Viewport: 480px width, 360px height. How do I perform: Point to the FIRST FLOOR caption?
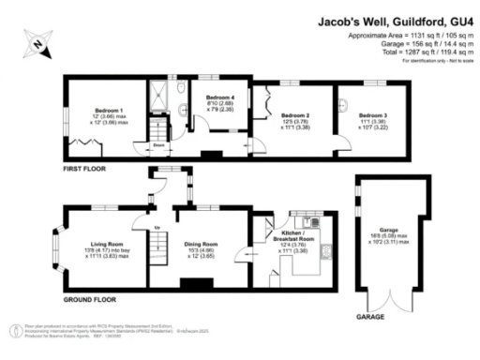pos(84,169)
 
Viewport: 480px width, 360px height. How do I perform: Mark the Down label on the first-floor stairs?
pos(159,145)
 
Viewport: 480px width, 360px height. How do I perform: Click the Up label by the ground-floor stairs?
pos(157,228)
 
